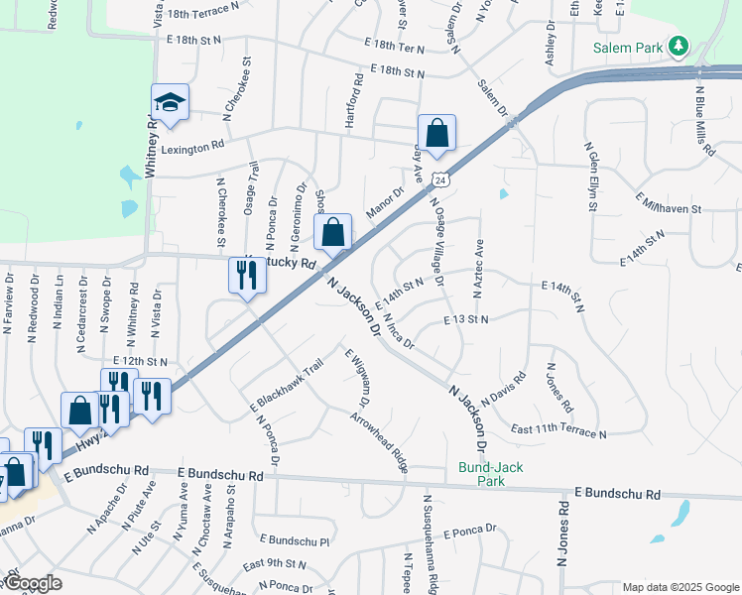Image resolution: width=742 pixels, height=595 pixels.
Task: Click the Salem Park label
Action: (x=629, y=47)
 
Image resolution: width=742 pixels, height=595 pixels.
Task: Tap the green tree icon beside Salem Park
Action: (x=679, y=46)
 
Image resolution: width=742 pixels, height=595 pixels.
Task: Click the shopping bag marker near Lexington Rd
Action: (x=436, y=132)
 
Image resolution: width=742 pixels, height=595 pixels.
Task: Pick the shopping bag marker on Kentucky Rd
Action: (x=334, y=232)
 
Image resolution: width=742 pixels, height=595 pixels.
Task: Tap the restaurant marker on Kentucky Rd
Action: (x=247, y=276)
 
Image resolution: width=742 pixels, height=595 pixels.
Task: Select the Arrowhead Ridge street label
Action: (x=379, y=442)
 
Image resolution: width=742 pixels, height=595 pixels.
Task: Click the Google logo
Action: (x=32, y=583)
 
